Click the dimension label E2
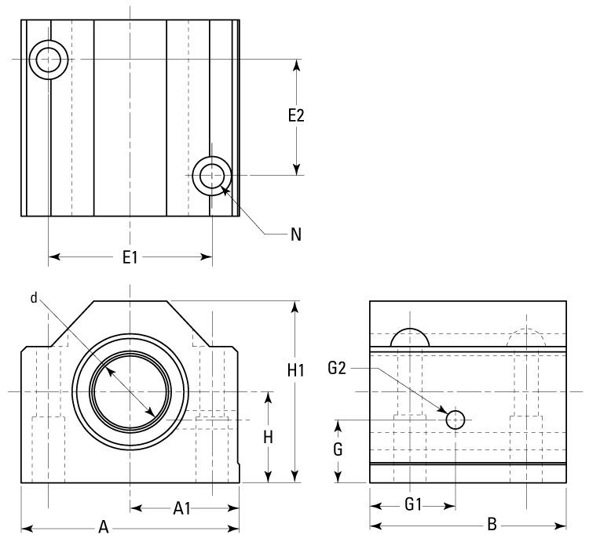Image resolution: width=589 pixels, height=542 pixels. point(296,115)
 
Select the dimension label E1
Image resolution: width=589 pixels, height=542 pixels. point(130,256)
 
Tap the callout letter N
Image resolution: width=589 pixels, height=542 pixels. point(295,234)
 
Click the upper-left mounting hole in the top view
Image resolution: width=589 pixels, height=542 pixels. point(48,59)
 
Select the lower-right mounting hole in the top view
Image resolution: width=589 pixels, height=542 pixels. point(211,176)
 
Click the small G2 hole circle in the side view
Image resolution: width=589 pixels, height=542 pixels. point(455,420)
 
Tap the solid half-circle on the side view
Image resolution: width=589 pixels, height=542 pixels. point(410,337)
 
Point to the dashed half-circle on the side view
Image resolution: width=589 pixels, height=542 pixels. point(525,337)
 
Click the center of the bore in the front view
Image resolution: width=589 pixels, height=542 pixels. point(130,391)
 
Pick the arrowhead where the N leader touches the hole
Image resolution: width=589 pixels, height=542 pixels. point(225,189)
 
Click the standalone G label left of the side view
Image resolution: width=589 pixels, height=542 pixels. point(338,450)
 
